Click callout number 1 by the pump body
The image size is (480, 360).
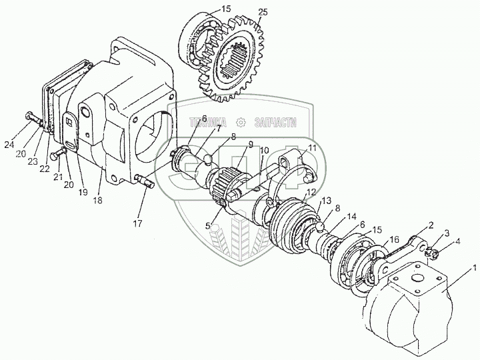point(474,269)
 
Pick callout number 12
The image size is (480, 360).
point(311,193)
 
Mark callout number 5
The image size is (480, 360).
point(208,225)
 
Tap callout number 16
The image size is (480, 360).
point(395,239)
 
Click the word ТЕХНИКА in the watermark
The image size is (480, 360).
point(206,122)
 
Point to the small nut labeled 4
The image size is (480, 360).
point(433,254)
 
